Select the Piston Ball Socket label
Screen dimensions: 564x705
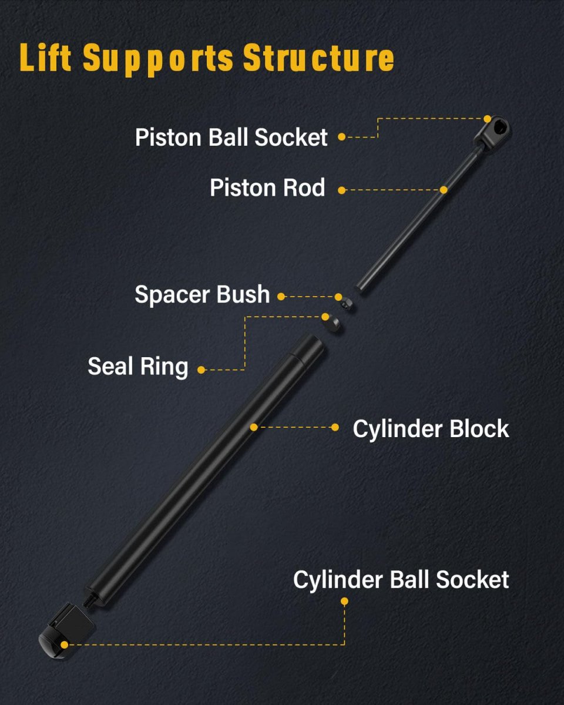(231, 137)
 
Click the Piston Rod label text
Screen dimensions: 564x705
(267, 188)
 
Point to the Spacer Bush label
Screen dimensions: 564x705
(202, 294)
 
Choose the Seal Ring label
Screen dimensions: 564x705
(138, 367)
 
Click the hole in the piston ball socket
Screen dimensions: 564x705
(501, 127)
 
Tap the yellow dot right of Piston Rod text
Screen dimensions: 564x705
(342, 190)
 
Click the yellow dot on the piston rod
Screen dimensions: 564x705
(444, 190)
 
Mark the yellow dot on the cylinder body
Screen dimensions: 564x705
(254, 427)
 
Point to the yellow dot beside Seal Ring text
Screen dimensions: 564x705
(201, 370)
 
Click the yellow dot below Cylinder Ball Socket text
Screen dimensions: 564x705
(344, 601)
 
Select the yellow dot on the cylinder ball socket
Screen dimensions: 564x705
(65, 644)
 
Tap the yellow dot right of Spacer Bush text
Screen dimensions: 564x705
(281, 297)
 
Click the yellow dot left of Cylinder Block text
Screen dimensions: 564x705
(335, 427)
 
